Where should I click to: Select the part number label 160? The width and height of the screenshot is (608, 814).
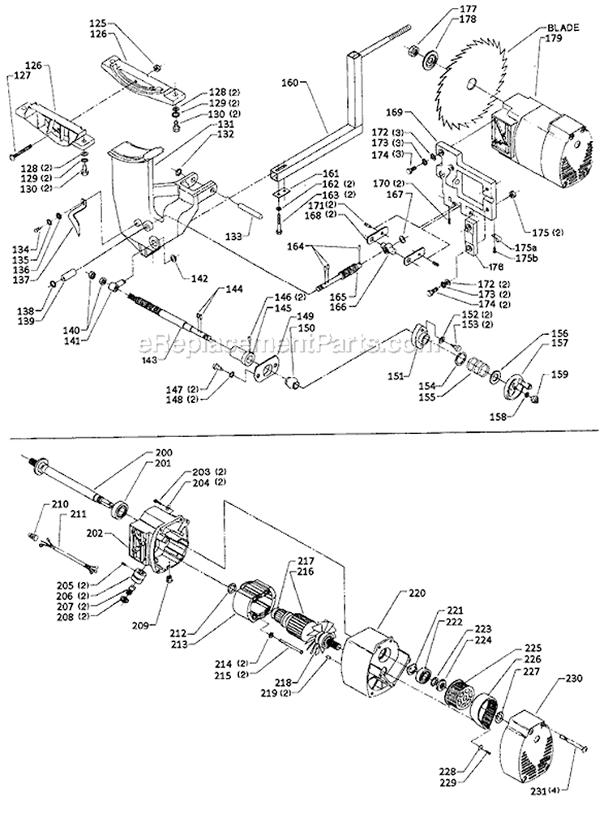(x=290, y=82)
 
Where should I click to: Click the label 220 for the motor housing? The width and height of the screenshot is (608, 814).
(x=395, y=593)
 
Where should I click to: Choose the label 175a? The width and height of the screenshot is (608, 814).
(x=522, y=246)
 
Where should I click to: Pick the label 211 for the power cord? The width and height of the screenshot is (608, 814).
(x=77, y=513)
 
